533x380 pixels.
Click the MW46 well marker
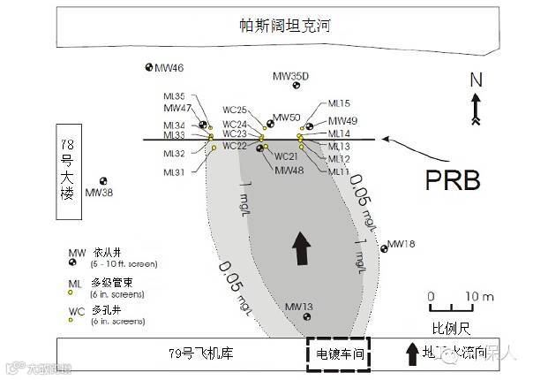tap(148, 67)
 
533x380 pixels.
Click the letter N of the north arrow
tap(476, 80)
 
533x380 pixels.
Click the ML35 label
tap(174, 96)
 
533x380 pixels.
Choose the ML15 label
tap(339, 103)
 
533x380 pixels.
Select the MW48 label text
tap(289, 171)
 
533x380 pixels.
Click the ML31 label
tap(174, 172)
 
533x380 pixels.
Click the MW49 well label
tap(342, 121)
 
